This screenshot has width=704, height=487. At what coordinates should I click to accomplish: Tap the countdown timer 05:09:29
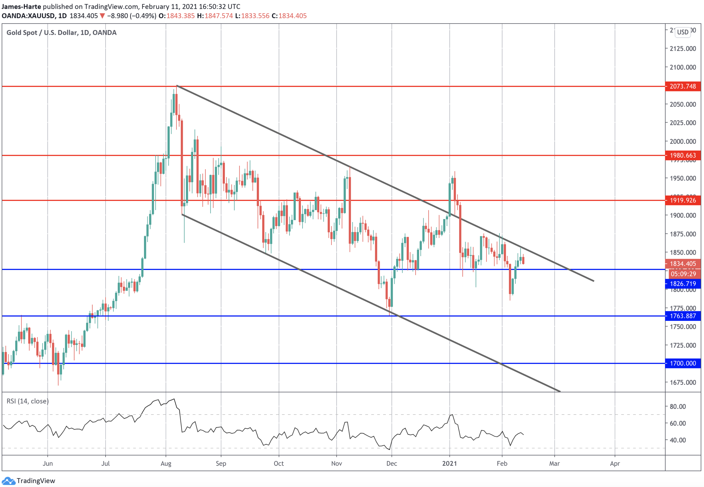[x=683, y=274]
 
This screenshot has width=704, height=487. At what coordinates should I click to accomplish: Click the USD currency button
[x=682, y=32]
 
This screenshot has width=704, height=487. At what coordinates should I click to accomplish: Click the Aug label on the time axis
[x=166, y=463]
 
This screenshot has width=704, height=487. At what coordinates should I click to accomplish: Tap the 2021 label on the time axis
[x=450, y=463]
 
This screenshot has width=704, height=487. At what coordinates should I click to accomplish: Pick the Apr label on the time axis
[x=615, y=463]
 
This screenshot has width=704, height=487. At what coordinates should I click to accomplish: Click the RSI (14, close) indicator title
[x=28, y=401]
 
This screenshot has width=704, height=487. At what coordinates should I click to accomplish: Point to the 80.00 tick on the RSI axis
[x=678, y=407]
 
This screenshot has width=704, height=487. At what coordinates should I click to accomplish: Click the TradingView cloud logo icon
[x=8, y=481]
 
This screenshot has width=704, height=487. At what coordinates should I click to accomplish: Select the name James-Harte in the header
[x=21, y=6]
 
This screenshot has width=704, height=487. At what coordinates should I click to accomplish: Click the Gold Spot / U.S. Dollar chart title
[x=61, y=33]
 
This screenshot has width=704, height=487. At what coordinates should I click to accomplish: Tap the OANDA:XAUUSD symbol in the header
[x=28, y=16]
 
